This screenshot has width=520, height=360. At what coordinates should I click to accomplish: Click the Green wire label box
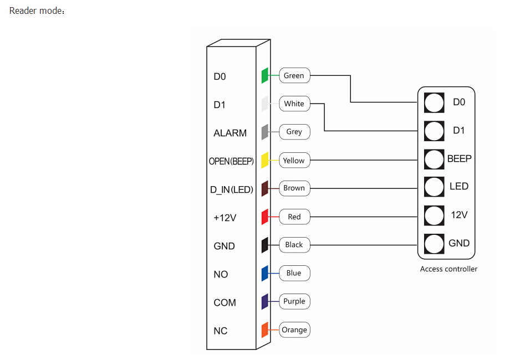[294, 75]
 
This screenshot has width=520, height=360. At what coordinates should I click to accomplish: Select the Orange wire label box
[294, 330]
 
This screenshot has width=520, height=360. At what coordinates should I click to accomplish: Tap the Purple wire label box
[294, 301]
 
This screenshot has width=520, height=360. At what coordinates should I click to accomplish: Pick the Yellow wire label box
[294, 161]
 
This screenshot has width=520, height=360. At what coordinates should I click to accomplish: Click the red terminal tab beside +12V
[265, 217]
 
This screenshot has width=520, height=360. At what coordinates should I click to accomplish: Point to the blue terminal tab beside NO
[265, 273]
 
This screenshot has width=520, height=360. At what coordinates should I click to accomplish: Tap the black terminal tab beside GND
[265, 245]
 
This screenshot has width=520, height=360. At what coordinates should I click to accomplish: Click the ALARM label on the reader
[230, 133]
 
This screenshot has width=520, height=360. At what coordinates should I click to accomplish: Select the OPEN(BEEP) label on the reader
[231, 162]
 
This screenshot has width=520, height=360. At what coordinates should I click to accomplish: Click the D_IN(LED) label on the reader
[232, 190]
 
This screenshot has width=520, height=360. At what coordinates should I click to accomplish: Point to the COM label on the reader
[225, 303]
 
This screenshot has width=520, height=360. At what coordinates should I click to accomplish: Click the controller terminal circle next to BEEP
[434, 159]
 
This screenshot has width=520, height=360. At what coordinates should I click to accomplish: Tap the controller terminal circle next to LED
[434, 187]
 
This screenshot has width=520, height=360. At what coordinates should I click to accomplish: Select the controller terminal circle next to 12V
[434, 215]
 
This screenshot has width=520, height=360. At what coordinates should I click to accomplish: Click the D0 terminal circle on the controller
[434, 102]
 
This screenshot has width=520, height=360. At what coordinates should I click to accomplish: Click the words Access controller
[448, 269]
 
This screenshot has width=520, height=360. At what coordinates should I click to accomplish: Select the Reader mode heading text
[37, 11]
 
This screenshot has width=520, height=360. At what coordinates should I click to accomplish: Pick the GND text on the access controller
[459, 243]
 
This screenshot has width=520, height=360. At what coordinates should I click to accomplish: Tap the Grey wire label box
[294, 132]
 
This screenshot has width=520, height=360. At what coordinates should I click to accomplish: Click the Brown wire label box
[294, 188]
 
